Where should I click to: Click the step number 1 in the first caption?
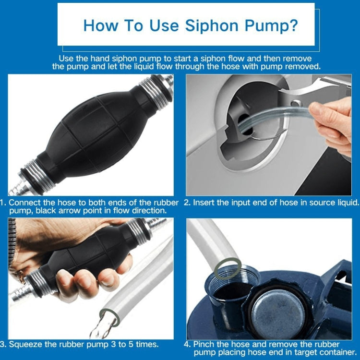tap(3, 203)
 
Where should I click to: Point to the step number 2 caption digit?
tap(188, 203)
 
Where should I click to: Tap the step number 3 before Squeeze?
tap(3, 344)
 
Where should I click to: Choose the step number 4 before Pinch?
tap(187, 344)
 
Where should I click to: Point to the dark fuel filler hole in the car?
tap(245, 120)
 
